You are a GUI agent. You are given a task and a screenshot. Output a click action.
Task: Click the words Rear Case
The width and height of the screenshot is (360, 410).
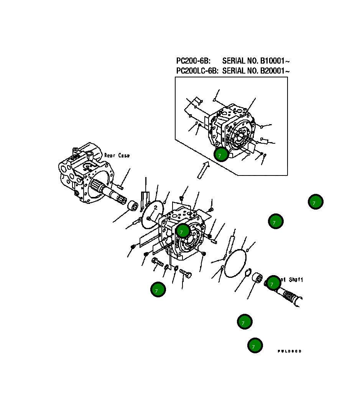[117, 156]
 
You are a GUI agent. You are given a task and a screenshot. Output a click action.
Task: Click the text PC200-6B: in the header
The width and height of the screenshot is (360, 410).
[193, 61]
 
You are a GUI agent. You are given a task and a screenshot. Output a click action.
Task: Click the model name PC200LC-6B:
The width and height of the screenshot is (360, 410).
[197, 71]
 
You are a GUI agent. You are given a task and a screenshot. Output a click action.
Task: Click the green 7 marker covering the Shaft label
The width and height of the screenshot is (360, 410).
[274, 283]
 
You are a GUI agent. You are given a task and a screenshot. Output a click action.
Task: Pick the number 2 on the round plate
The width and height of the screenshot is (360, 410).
[156, 207]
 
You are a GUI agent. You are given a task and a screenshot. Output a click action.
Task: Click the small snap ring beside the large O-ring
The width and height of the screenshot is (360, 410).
[248, 273]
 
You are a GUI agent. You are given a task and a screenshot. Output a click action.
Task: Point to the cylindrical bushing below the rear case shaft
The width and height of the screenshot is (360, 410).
[133, 206]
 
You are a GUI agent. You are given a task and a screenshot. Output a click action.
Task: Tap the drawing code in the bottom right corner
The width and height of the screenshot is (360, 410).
[289, 351]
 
